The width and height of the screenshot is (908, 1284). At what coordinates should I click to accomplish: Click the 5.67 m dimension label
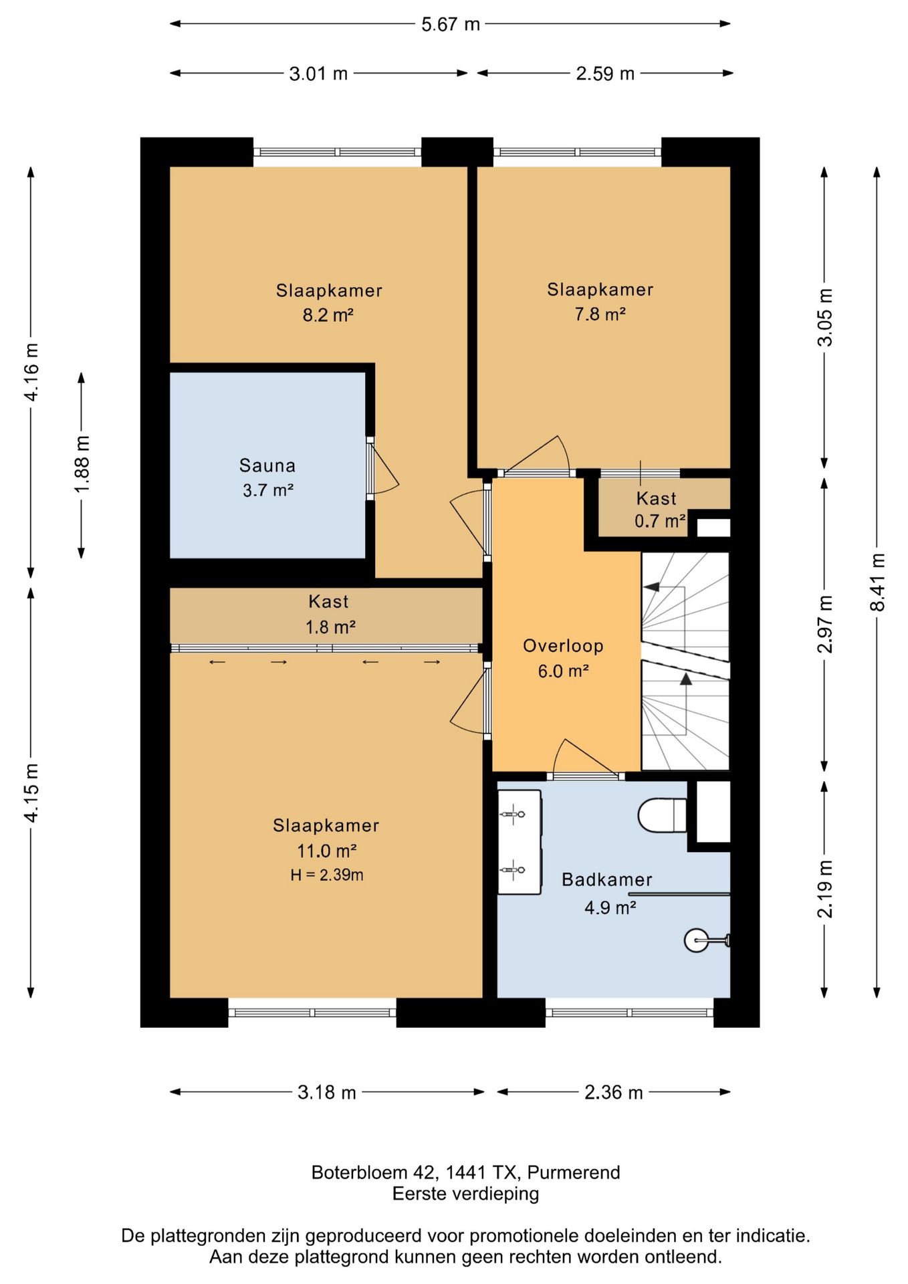[450, 25]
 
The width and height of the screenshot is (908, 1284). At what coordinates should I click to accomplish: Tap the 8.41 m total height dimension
[877, 582]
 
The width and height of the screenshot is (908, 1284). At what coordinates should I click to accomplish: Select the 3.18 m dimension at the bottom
[326, 1092]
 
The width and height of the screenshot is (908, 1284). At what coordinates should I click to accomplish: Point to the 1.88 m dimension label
[82, 465]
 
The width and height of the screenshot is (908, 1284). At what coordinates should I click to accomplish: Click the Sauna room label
[267, 465]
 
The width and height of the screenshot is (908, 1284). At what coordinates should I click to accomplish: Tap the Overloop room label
[563, 646]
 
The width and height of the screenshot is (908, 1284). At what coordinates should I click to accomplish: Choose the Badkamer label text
[607, 879]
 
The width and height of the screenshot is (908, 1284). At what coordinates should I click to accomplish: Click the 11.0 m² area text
[326, 851]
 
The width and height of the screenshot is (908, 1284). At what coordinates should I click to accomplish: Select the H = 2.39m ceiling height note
[327, 875]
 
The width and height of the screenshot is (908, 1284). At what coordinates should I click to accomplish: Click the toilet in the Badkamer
[662, 815]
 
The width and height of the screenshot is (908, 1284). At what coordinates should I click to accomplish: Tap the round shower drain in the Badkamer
[696, 940]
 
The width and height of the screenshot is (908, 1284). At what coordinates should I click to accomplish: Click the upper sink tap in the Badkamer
[512, 815]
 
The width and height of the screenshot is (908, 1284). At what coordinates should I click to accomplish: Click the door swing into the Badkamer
[585, 756]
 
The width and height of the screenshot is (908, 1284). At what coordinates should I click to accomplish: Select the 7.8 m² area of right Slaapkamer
[600, 314]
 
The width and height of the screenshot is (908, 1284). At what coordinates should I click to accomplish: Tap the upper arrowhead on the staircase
[651, 587]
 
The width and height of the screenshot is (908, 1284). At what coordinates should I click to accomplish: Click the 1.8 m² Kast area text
[330, 627]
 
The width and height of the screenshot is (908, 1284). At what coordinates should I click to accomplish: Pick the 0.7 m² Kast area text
[660, 521]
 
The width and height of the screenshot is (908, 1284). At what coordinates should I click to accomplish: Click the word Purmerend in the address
[574, 1172]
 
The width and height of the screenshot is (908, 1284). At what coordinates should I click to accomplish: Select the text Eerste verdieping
[465, 1194]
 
